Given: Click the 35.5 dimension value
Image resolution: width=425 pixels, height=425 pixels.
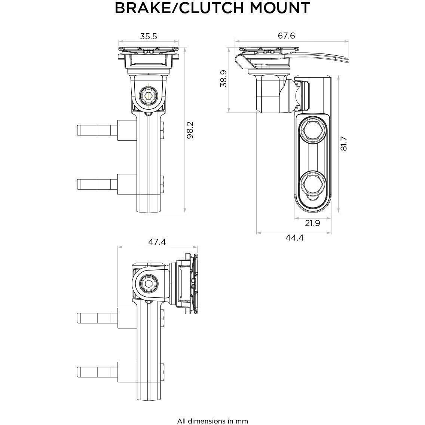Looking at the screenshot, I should click(x=149, y=36).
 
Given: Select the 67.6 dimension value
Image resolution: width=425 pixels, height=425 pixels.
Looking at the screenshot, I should click(x=287, y=36).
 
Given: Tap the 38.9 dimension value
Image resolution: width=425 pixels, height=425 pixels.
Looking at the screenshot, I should click(x=224, y=79).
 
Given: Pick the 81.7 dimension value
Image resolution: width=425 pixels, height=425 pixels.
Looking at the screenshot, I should click(x=344, y=143).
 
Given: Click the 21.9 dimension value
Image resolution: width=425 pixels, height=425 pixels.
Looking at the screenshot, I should click(x=312, y=223).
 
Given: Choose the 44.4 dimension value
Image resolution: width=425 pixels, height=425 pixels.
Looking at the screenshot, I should click(x=294, y=238).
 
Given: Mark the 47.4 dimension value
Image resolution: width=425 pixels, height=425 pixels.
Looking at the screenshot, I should click(x=157, y=242).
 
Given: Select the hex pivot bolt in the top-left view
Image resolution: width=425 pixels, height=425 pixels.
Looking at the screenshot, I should click(x=149, y=95).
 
